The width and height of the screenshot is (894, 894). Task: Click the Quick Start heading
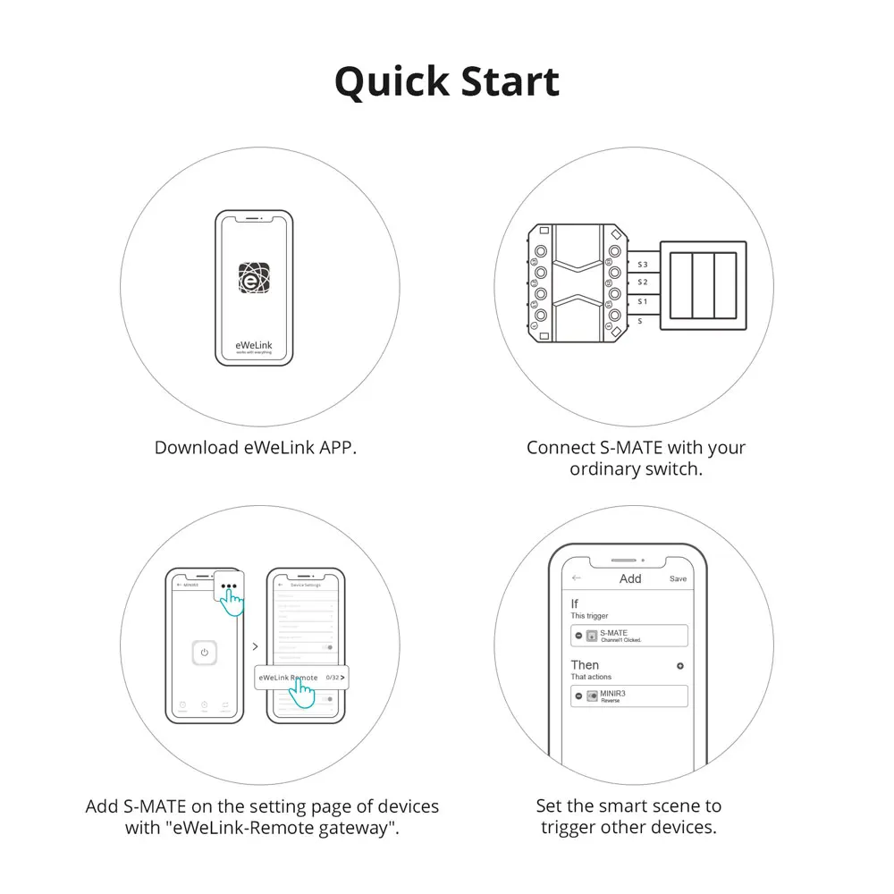(x=447, y=81)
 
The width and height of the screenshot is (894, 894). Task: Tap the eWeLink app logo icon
(x=255, y=279)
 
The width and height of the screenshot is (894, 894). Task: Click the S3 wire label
(x=642, y=265)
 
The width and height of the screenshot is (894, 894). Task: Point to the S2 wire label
(x=642, y=283)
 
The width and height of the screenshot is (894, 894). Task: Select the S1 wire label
(x=642, y=301)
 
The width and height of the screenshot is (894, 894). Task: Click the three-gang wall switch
(x=702, y=285)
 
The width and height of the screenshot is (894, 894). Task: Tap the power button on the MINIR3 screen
(x=205, y=653)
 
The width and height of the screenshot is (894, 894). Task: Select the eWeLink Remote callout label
(x=288, y=678)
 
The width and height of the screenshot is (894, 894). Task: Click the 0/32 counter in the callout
(x=333, y=678)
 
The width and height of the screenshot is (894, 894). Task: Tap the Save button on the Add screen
(x=678, y=579)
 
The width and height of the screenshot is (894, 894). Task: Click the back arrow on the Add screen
(x=577, y=578)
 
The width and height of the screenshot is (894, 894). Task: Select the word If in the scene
(x=575, y=604)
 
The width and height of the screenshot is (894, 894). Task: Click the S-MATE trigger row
(x=629, y=636)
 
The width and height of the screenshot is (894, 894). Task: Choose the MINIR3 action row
(x=629, y=696)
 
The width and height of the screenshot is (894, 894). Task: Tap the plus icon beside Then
(x=680, y=666)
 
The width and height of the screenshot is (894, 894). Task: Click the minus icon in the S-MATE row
(x=578, y=636)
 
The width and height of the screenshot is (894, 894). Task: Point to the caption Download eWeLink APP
(x=256, y=448)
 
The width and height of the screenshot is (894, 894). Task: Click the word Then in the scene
(x=585, y=665)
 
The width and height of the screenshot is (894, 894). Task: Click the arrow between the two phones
(x=255, y=645)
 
